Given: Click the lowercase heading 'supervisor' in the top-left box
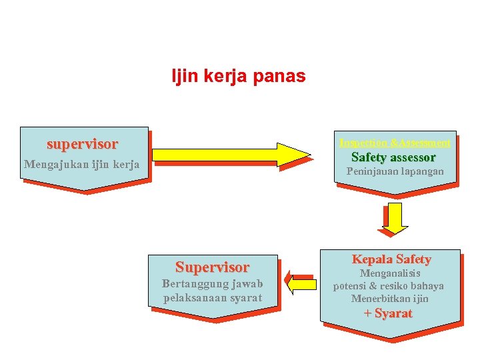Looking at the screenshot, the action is click(82, 144).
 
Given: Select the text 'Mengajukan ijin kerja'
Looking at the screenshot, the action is click(81, 164).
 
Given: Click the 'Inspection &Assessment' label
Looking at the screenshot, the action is click(395, 143).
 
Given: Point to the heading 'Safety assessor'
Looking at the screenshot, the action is click(393, 158).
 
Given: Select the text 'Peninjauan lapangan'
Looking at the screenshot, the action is click(395, 172).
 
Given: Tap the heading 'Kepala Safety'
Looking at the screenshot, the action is click(391, 259).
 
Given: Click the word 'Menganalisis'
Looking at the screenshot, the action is click(391, 273).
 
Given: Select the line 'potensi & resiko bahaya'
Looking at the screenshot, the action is click(389, 286).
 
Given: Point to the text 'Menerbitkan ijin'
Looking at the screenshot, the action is click(390, 299).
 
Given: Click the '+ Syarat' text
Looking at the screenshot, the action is click(388, 313).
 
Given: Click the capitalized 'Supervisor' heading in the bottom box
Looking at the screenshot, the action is click(212, 267).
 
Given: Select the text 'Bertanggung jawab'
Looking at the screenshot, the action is click(213, 284).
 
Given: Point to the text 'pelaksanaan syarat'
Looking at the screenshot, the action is click(213, 297).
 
